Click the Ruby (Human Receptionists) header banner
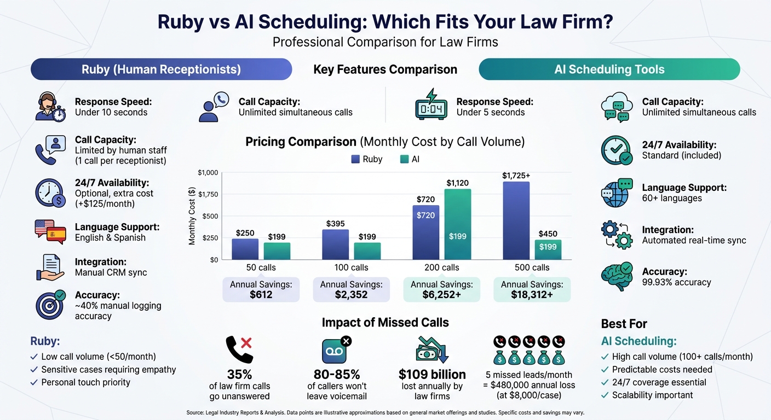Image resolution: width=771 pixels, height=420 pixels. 161,69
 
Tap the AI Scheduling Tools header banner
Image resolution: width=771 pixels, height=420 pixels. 609,69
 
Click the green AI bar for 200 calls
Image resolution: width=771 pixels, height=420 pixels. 457,224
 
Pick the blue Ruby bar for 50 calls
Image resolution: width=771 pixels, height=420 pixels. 245,249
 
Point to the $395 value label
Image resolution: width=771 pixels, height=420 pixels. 336,224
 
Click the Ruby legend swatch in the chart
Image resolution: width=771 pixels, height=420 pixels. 355,159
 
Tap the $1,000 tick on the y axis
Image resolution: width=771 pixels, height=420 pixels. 208,173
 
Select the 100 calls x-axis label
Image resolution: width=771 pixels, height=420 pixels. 351,267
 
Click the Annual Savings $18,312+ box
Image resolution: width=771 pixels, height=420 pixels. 532,290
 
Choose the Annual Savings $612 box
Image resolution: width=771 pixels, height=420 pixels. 261,290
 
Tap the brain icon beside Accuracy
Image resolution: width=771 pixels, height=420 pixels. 617,277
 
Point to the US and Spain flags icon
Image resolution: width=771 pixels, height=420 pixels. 50,231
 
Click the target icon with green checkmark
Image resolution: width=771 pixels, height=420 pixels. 50,305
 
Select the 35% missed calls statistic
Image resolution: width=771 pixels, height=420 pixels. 239,375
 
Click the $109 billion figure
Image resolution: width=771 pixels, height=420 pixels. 432,375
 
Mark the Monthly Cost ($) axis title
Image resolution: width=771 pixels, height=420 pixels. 192,216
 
